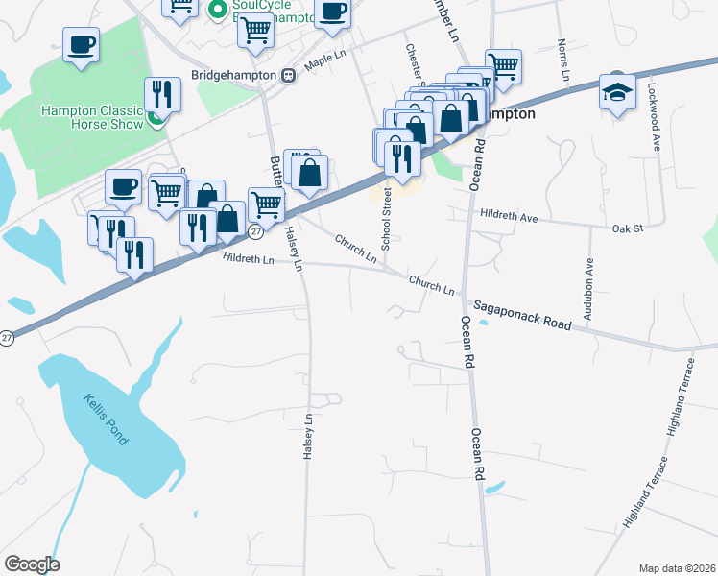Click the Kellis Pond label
tap(105, 420)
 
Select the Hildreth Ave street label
tap(509, 217)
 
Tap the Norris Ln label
tap(564, 60)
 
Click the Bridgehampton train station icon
tap(287, 75)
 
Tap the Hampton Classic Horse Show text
tap(91, 117)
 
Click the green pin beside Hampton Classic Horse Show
tap(155, 119)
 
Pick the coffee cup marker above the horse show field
tap(82, 44)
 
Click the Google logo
tap(32, 564)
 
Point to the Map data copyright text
tap(677, 568)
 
